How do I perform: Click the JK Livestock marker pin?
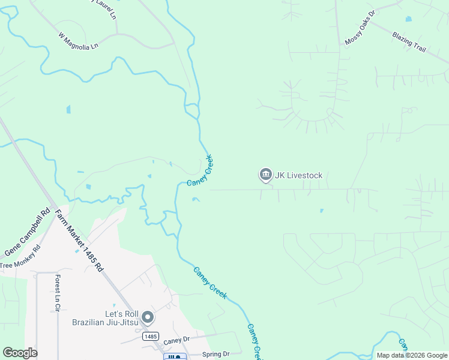(265, 175)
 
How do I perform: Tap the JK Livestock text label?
(299, 176)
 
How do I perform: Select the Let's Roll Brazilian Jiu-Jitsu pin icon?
(148, 317)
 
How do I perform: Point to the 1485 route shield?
(150, 337)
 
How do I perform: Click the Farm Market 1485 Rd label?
(79, 240)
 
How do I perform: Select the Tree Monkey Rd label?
(20, 257)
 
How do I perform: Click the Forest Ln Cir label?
(58, 293)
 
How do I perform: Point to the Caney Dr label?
(177, 340)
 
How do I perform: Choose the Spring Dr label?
(216, 354)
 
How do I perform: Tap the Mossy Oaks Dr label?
(360, 28)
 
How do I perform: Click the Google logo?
(20, 353)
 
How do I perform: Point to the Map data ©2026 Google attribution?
(411, 355)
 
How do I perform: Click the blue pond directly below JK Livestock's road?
(322, 211)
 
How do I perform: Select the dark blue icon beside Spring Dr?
(172, 357)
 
